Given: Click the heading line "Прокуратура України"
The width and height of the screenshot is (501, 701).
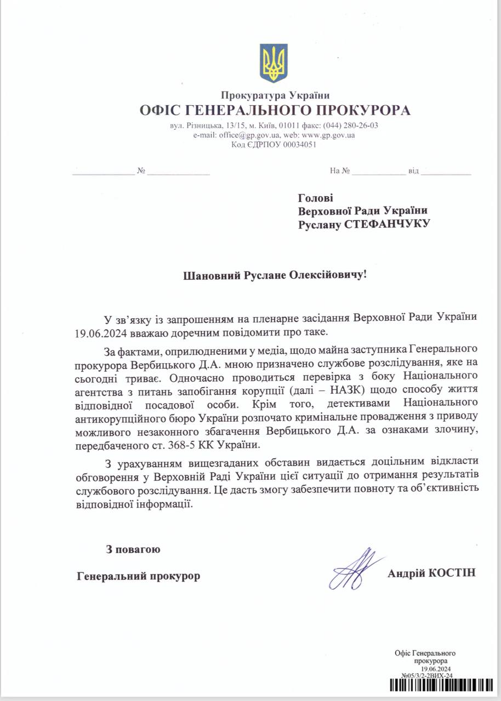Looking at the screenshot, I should coord(275,96).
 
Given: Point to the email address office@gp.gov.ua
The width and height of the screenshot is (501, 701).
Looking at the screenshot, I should coord(250,135).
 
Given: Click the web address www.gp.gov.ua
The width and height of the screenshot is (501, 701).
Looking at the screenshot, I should coord(328,135).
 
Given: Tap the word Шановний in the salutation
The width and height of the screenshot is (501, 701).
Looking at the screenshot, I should coord(209,274).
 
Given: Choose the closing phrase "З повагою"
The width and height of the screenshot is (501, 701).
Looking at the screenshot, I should coord(133,549).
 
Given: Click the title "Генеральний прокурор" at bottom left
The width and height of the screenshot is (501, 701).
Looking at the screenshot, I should coord(139,576).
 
